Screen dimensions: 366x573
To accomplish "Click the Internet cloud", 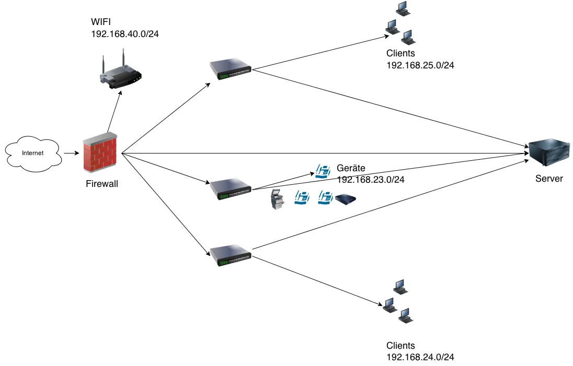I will (x=32, y=153).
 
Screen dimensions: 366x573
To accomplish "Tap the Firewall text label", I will (x=102, y=183).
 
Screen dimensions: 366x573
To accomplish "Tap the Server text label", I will (x=549, y=179).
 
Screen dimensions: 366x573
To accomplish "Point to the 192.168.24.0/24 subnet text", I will (x=420, y=357).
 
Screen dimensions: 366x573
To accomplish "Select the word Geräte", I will (x=351, y=168).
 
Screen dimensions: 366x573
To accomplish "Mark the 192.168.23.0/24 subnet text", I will (x=371, y=179).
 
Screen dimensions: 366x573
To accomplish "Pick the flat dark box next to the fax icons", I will (x=346, y=199).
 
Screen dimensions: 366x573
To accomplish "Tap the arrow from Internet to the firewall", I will (x=71, y=154).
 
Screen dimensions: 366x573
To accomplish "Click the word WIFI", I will (x=101, y=22).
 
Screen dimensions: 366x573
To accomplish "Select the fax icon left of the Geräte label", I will (x=323, y=171).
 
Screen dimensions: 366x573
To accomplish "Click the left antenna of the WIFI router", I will (x=104, y=64).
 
